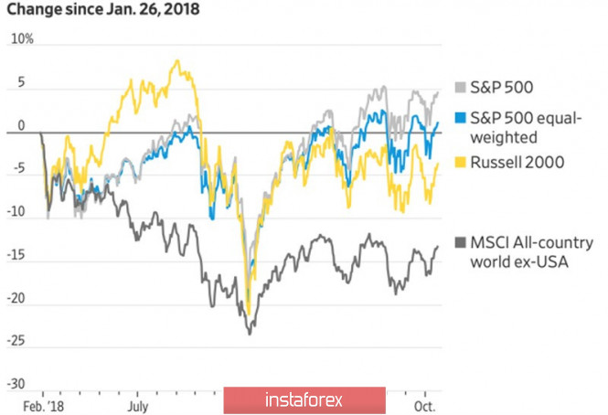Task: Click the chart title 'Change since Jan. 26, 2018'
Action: [x=103, y=9]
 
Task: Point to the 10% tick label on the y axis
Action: [x=22, y=38]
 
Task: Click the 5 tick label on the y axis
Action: [x=20, y=82]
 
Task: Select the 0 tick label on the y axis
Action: [x=21, y=125]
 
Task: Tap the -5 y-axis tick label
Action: [x=18, y=168]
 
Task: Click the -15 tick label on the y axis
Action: [x=16, y=255]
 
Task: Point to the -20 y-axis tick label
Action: [x=16, y=298]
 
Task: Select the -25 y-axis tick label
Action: [x=16, y=341]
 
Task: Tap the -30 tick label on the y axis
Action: [x=16, y=384]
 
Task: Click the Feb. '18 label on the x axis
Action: [x=43, y=407]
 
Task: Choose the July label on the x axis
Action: [x=138, y=407]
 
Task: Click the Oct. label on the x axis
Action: [x=424, y=407]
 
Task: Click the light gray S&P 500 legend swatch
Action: [x=460, y=87]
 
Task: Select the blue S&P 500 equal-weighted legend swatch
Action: [x=460, y=118]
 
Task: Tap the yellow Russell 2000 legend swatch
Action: [x=460, y=162]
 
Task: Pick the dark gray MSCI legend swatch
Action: [x=460, y=243]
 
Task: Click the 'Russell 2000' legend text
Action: [x=517, y=162]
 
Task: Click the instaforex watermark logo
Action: [x=304, y=399]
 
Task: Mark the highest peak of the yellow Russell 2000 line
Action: [x=177, y=60]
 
